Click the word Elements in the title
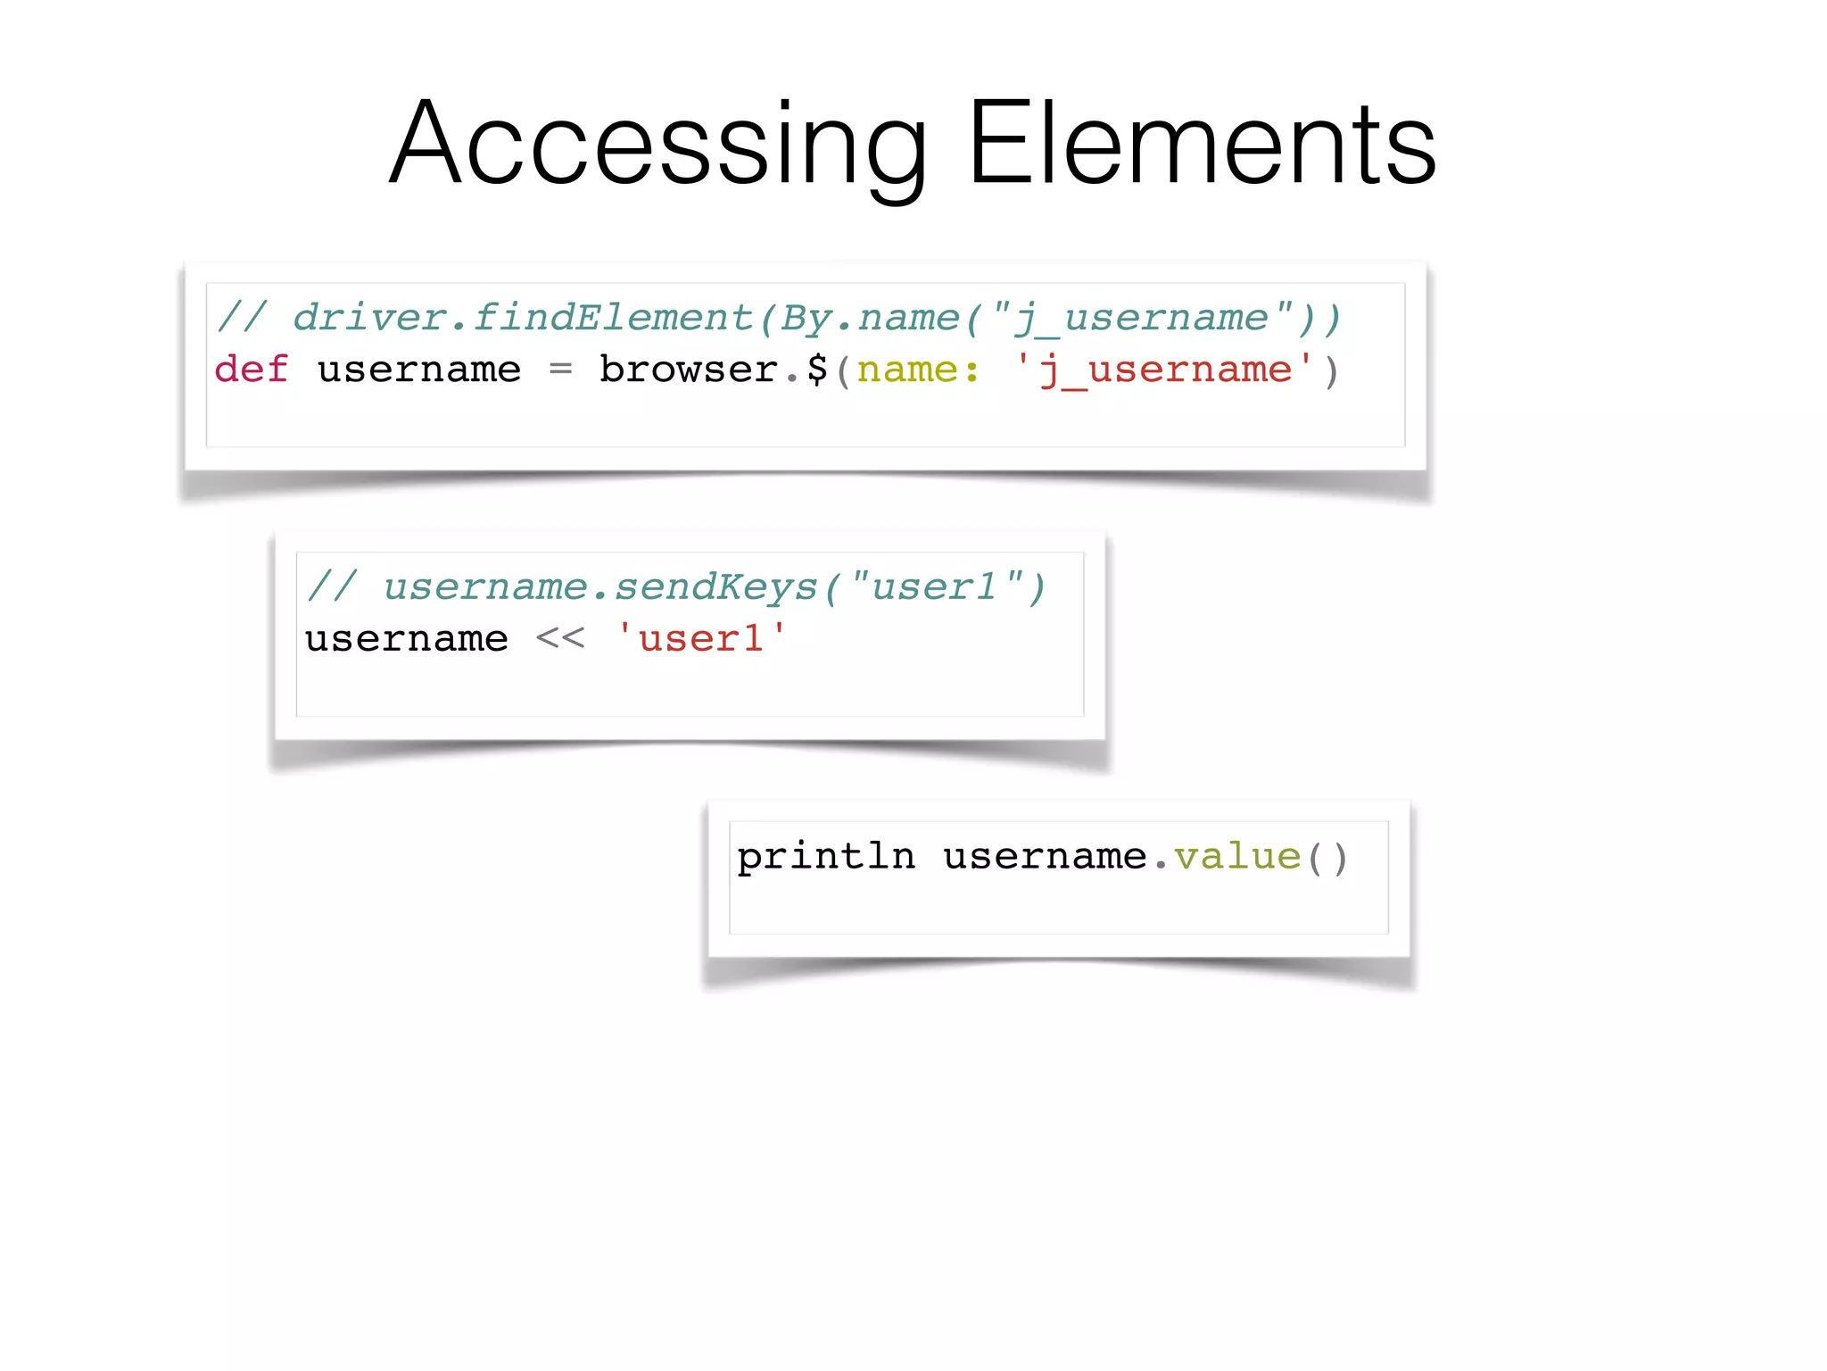[1201, 145]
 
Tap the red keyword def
[252, 370]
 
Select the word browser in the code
[688, 370]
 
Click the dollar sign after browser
[817, 370]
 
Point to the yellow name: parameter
[917, 370]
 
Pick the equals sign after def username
[560, 370]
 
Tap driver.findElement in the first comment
[523, 318]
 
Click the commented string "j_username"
[1141, 318]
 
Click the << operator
[560, 639]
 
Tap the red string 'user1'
[701, 639]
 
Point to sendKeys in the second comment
[715, 587]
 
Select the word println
[826, 857]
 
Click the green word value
[1237, 857]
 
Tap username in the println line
[1045, 857]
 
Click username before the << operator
[407, 639]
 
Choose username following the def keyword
[419, 370]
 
